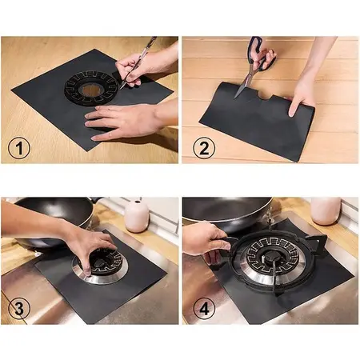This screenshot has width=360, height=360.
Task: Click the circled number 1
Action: tap(19, 148)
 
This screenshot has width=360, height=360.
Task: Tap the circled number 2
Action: tap(204, 148)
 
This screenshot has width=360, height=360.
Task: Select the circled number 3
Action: tap(19, 309)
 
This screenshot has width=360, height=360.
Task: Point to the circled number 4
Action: tap(204, 309)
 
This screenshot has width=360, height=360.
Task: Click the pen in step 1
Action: tap(138, 62)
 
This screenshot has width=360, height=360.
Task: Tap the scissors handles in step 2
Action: tap(260, 54)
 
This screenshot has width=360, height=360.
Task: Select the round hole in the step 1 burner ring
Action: tap(90, 90)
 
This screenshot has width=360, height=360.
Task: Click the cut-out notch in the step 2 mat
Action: tap(266, 97)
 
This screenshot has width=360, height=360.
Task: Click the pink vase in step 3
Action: tap(137, 216)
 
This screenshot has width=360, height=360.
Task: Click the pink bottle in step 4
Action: tap(326, 210)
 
